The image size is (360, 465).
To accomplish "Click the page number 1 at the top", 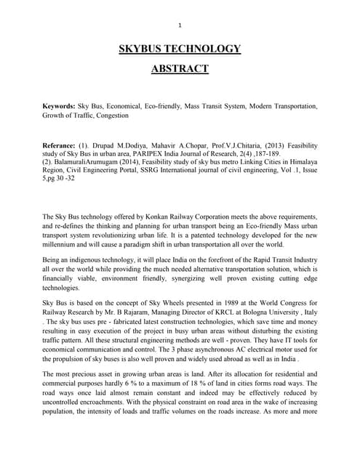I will [x=180, y=27].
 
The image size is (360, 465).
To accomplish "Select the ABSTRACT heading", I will [x=180, y=69].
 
